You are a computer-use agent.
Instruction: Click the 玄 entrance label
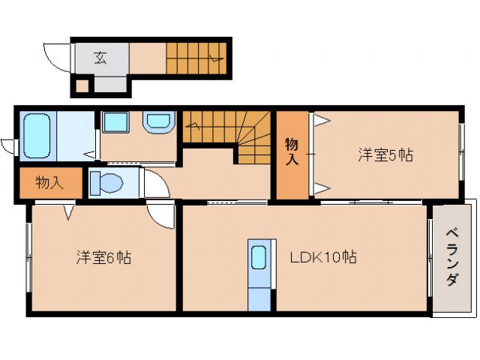click(x=100, y=56)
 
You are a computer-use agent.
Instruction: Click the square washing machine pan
click(x=115, y=123)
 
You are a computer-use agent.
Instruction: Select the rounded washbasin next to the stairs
click(x=158, y=122)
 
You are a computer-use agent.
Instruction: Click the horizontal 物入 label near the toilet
click(x=49, y=182)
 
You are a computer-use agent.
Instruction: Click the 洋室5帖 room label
click(x=385, y=155)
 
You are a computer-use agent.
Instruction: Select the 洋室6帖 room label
click(x=103, y=257)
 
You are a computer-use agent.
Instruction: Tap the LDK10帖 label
click(x=323, y=257)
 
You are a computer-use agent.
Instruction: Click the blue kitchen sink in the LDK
click(x=258, y=258)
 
